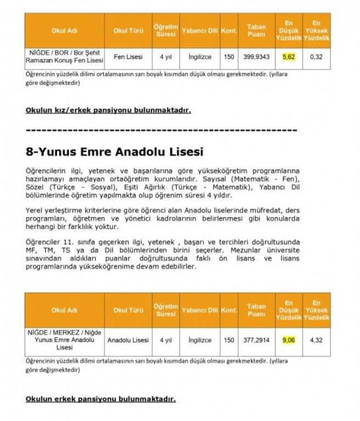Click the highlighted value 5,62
289,56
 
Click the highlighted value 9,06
289,340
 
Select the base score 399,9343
256,56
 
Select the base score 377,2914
256,340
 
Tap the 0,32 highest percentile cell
316,56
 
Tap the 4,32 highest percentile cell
316,340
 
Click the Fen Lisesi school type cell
128,56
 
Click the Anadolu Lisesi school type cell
128,340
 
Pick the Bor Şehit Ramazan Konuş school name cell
64,56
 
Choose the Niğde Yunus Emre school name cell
64,340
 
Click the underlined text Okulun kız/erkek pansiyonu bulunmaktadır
108,110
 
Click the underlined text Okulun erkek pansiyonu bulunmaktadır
100,399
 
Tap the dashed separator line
161,130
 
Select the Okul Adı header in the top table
64,30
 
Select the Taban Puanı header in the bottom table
256,310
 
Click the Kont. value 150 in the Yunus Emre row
228,340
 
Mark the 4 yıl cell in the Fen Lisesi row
165,56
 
